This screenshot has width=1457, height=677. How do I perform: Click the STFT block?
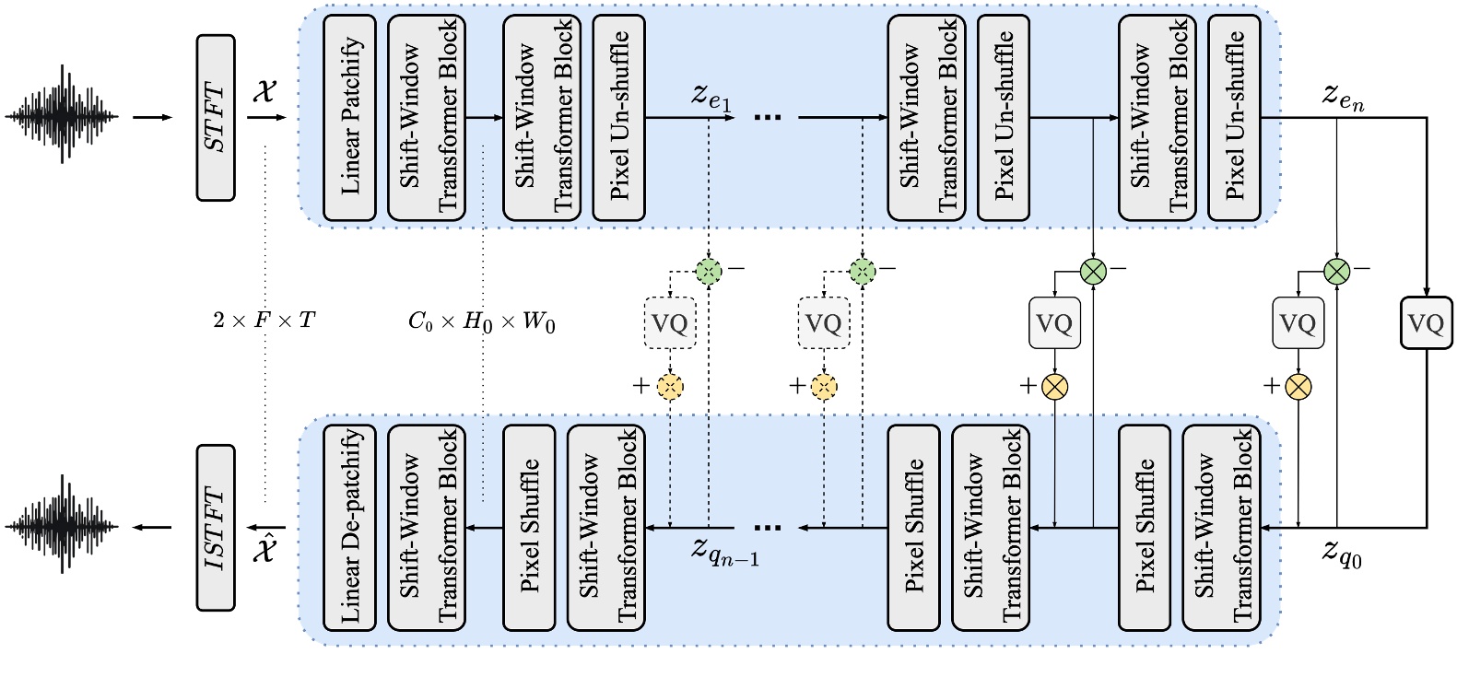216,118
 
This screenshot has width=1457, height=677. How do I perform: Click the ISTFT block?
216,528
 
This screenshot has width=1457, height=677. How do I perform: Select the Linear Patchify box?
350,118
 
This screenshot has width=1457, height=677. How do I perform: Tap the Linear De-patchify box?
350,528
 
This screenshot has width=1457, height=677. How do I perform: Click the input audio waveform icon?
62,116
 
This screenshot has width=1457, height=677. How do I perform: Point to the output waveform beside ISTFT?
62,526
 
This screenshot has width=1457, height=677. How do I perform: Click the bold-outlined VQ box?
1426,322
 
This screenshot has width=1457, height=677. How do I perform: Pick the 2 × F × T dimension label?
264,321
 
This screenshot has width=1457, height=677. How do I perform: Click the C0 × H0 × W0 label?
481,321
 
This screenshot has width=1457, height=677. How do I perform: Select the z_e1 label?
711,96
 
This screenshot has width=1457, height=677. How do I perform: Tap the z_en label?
1343,96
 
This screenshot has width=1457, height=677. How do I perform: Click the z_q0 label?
1342,554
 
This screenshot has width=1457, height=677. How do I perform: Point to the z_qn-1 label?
725,552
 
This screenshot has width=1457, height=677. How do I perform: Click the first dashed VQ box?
670,323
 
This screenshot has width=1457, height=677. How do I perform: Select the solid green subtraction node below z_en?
1336,271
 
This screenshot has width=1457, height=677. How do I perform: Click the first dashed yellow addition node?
670,386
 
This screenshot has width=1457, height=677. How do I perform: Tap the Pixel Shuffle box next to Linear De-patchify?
529,528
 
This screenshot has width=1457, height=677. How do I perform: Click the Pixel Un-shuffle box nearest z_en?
1234,118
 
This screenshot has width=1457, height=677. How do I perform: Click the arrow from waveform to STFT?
152,118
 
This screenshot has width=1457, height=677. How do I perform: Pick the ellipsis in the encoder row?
767,118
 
